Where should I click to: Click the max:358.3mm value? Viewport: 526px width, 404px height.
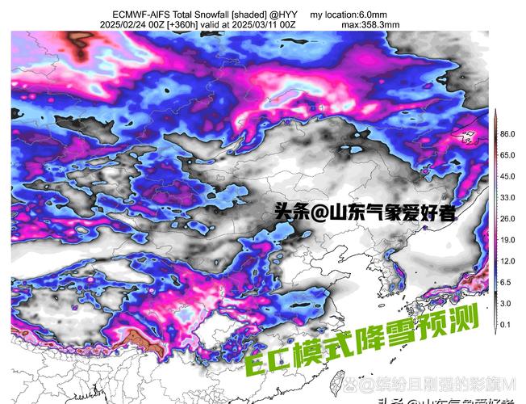pos(370,25)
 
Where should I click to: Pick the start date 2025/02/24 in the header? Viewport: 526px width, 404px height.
pos(124,25)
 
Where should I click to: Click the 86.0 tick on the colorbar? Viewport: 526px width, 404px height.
pos(507,133)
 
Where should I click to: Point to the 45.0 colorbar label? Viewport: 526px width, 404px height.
pos(507,176)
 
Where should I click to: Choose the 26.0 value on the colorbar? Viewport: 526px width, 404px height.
pos(507,219)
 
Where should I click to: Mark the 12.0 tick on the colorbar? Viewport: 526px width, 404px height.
pos(507,261)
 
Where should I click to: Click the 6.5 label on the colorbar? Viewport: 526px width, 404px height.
pos(506,282)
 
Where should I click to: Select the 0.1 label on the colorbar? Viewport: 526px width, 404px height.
pos(506,324)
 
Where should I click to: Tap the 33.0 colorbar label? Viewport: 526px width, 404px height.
pos(507,197)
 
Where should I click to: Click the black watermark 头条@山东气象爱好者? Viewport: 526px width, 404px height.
pos(365,213)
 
